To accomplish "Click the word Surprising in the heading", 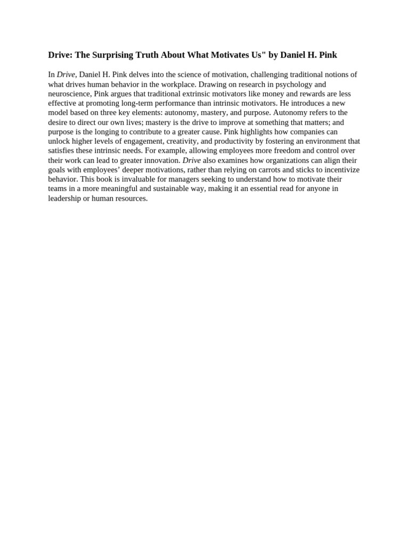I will tap(104, 55).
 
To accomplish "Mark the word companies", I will tap(318, 132).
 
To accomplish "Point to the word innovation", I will tap(161, 160).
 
